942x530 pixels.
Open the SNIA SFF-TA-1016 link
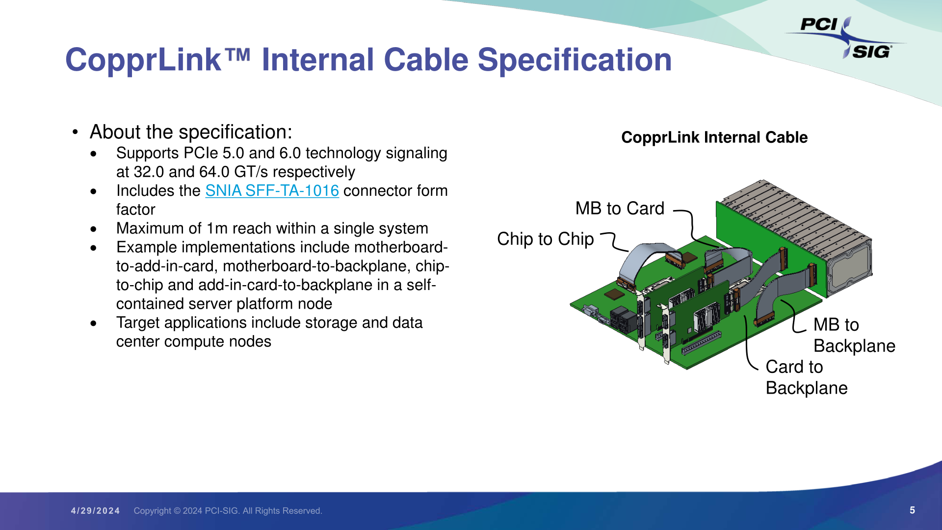pyautogui.click(x=272, y=191)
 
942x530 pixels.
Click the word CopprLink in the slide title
pyautogui.click(x=143, y=60)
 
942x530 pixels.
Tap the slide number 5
pyautogui.click(x=912, y=510)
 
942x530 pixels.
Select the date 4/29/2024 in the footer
pyautogui.click(x=95, y=511)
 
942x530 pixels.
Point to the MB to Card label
pyautogui.click(x=620, y=209)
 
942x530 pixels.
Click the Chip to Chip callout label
pyautogui.click(x=546, y=239)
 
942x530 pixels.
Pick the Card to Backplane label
pyautogui.click(x=807, y=377)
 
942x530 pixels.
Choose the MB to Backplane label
pyautogui.click(x=854, y=335)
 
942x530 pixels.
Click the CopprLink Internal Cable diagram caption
pyautogui.click(x=714, y=137)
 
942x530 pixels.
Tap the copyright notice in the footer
pyautogui.click(x=228, y=511)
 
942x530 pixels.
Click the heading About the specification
pyautogui.click(x=191, y=132)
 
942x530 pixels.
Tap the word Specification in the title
pyautogui.click(x=575, y=60)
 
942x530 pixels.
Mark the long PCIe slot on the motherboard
pyautogui.click(x=702, y=343)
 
